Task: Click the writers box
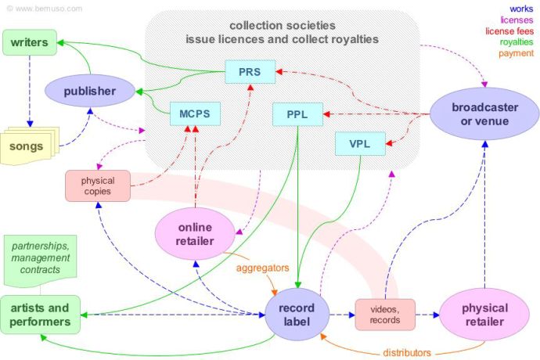pos(29,42)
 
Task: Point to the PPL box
pos(297,114)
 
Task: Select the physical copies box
pos(98,185)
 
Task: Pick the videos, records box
pos(383,313)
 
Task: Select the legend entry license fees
pos(509,31)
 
